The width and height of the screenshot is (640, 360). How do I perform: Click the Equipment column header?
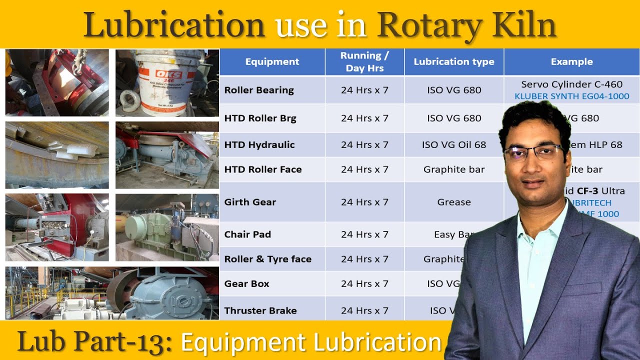[x=272, y=62]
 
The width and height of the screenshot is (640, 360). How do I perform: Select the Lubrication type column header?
[x=454, y=62]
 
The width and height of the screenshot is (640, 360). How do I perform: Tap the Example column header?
[x=571, y=62]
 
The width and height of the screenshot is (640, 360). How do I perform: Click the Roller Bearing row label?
[x=259, y=90]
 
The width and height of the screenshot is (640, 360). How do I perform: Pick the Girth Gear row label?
[x=250, y=202]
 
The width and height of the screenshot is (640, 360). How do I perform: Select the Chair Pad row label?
[x=247, y=234]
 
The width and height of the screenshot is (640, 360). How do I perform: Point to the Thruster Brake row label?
[x=260, y=310]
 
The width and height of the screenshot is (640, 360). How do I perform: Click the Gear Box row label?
[x=247, y=283]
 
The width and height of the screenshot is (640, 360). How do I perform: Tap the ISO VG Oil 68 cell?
[x=454, y=145]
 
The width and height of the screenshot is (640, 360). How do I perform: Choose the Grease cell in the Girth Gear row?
[x=454, y=202]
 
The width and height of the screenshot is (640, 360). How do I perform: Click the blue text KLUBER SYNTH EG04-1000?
[x=572, y=96]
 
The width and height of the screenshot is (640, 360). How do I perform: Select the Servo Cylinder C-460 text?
[x=572, y=84]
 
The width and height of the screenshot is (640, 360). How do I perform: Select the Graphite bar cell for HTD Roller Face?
[x=454, y=169]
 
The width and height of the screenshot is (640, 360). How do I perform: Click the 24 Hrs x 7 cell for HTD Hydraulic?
[x=364, y=145]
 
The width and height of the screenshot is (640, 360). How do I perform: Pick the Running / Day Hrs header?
[x=364, y=62]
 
